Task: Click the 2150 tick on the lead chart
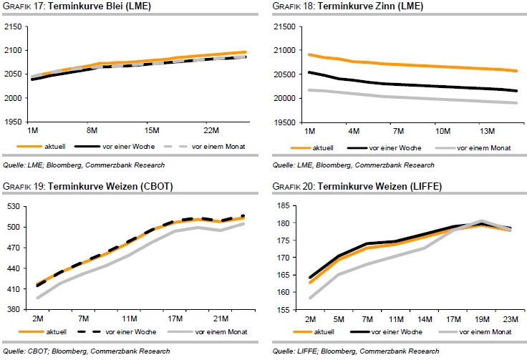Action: [12, 26]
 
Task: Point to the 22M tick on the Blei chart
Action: [211, 131]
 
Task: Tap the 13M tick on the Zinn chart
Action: [488, 131]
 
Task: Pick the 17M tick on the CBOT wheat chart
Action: [173, 318]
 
